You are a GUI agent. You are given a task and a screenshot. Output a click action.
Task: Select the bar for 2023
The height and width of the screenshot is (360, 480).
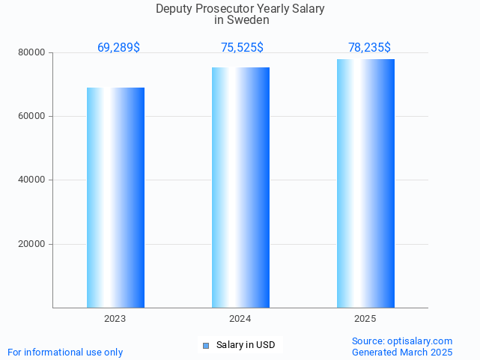coord(115,198)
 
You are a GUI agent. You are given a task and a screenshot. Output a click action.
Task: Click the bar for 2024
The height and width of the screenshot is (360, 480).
coord(240,187)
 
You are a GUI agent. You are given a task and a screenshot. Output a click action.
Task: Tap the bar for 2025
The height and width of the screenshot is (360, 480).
coord(365,183)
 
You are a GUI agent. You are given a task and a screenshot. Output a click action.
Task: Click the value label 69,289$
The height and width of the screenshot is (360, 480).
coord(118,48)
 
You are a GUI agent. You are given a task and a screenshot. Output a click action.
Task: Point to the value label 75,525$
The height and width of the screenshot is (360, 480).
coord(242,48)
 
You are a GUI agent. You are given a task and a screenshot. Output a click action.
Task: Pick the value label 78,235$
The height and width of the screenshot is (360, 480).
coord(369,48)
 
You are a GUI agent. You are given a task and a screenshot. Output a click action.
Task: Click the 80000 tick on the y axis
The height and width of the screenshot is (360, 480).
coord(33,52)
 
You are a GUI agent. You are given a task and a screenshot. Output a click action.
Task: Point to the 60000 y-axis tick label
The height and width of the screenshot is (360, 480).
coord(33,116)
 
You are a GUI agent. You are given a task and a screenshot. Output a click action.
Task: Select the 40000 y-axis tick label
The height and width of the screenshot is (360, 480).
coord(33,180)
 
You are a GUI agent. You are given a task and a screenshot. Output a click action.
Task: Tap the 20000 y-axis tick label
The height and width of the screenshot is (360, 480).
coord(33,244)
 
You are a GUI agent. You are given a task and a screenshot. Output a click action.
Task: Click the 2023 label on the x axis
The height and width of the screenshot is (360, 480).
coord(115,319)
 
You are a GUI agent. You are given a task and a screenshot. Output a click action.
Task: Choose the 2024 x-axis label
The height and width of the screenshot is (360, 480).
coord(240,319)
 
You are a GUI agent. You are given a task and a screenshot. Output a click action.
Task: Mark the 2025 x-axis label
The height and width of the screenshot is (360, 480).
coord(365,319)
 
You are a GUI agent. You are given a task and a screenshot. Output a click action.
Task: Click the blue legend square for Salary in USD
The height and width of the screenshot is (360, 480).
coord(206,345)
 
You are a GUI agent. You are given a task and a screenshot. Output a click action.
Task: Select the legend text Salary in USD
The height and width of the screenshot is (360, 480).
coord(246,345)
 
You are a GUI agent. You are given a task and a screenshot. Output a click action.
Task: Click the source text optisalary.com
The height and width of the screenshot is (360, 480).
coord(419,341)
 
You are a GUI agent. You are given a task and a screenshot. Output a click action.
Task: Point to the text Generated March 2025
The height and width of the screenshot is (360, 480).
coord(402,352)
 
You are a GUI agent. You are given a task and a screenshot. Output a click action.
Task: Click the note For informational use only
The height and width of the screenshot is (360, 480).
coord(65,352)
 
